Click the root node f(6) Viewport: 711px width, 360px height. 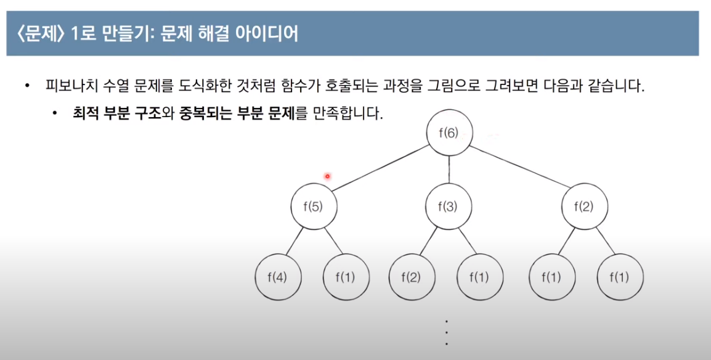449,133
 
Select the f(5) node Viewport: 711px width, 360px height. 313,207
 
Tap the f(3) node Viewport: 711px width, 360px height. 449,207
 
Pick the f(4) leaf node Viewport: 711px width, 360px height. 278,277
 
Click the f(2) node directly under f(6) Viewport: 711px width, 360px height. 585,207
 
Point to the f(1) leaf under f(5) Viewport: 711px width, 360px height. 346,277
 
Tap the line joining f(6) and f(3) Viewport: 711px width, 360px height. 449,170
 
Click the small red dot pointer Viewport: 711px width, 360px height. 327,176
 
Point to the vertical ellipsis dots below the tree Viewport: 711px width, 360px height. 446,333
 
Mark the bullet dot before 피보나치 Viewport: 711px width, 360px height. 26,86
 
